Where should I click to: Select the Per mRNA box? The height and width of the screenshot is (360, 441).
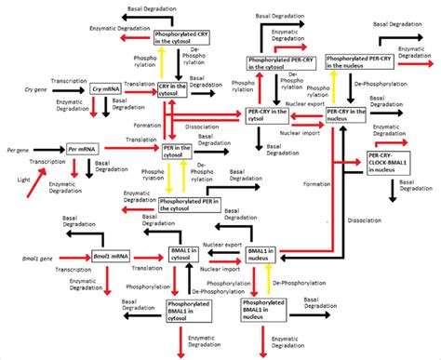pos(83,148)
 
